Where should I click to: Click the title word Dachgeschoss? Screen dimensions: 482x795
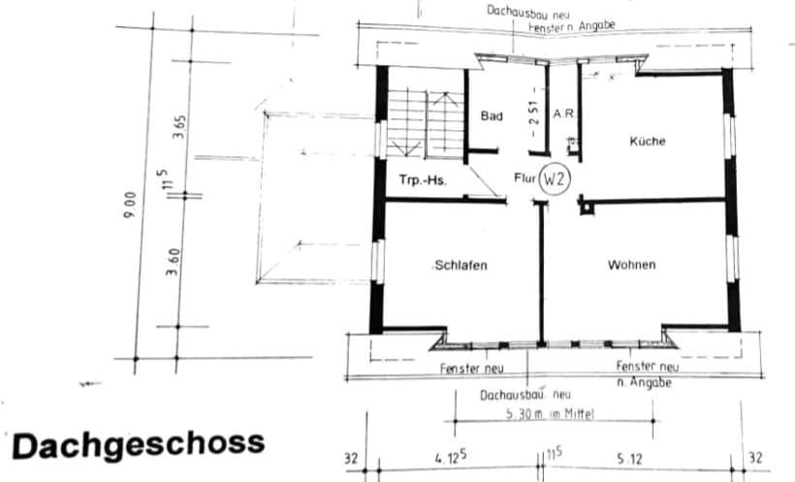pos(138,445)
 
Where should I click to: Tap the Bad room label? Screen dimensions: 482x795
pos(492,116)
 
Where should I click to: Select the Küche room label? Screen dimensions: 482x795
pos(648,141)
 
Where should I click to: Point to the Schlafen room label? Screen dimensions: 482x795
pos(461,265)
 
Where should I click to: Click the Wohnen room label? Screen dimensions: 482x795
pos(631,265)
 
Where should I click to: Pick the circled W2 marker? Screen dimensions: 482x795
pos(554,180)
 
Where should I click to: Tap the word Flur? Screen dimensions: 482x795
pos(525,179)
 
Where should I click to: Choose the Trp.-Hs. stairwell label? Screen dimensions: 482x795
pos(423,180)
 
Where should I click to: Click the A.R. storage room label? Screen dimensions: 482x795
pos(564,114)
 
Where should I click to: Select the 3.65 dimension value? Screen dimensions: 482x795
pos(178,126)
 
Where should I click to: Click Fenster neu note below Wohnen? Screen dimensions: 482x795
pos(648,367)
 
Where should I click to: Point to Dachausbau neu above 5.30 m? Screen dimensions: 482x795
pos(525,395)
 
